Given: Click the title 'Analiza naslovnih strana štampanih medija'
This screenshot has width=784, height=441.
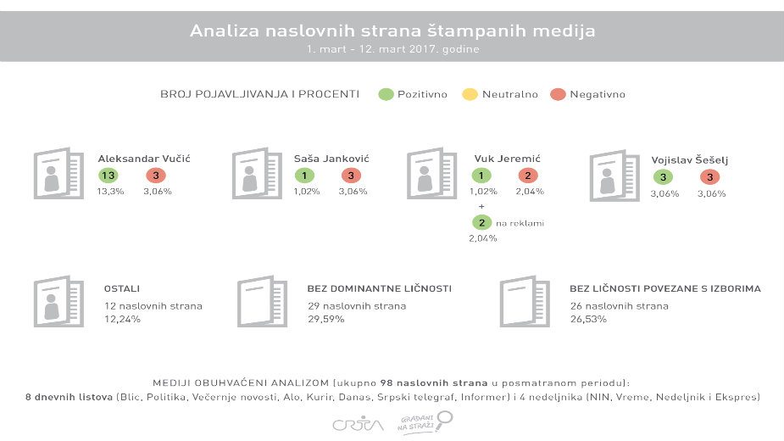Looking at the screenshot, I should point(392,31).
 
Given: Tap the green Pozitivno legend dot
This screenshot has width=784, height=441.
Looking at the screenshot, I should point(386,94).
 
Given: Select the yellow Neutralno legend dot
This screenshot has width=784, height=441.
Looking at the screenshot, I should point(470,94).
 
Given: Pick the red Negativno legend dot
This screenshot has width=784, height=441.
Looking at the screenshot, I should point(557,94).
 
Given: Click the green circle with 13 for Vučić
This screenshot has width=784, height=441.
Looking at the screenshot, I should point(108,176).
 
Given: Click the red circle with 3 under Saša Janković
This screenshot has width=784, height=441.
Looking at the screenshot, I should point(350,176).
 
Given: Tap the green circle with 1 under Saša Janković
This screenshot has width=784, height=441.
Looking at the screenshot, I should point(303,176).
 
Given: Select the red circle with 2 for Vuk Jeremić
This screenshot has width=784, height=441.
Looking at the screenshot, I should point(528,176).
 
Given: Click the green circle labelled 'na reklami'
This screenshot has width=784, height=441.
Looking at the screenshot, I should point(482,222).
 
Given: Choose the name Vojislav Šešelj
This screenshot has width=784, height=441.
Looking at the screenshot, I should point(690,159).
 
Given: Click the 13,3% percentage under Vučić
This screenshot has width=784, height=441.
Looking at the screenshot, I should point(111,192).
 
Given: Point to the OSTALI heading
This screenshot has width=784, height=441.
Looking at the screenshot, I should point(121,288).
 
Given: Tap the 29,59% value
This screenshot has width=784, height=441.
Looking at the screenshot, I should point(327,319).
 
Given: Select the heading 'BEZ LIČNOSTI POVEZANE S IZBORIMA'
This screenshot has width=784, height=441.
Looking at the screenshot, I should point(664,288).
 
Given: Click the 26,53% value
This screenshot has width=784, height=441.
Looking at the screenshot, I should point(589,319).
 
